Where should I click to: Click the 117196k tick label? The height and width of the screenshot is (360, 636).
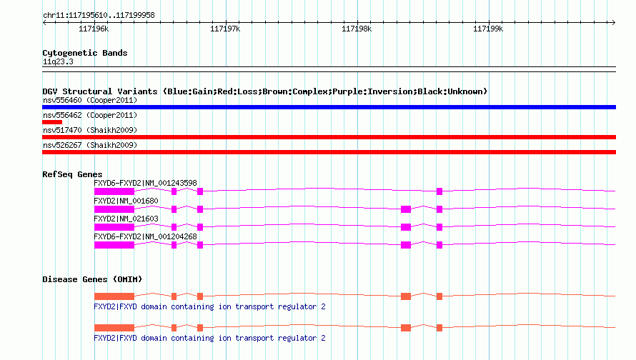(x=94, y=29)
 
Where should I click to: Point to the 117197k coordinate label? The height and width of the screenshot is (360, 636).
(x=225, y=29)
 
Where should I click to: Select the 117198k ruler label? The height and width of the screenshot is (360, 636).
(x=357, y=29)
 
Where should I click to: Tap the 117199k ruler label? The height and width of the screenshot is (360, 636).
(x=488, y=29)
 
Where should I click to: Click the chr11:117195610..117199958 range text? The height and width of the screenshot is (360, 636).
(x=99, y=16)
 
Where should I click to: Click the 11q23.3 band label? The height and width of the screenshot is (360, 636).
(x=58, y=61)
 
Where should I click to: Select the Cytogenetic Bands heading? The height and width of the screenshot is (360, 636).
(x=85, y=53)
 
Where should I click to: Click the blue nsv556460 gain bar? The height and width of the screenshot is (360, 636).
(x=329, y=107)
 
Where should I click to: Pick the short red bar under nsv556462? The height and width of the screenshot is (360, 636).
(x=52, y=122)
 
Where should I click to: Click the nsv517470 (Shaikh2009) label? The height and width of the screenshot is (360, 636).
(x=90, y=130)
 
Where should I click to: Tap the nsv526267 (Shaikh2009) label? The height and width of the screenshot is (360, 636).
(x=90, y=145)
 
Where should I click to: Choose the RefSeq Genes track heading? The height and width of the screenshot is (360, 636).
(x=72, y=174)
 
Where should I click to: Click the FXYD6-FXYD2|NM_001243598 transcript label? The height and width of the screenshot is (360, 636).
(x=145, y=184)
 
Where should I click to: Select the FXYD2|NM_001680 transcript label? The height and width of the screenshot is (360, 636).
(x=126, y=201)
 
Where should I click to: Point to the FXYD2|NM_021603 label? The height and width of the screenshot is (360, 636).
(x=126, y=219)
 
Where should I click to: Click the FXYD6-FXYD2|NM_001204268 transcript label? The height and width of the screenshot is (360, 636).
(x=145, y=236)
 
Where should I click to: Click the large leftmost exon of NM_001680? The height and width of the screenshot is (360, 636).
(x=114, y=209)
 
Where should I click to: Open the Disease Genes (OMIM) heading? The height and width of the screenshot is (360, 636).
(x=92, y=279)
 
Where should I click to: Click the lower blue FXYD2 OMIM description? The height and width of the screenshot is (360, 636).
(x=209, y=338)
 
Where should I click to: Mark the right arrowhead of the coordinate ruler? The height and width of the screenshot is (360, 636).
(x=614, y=22)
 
